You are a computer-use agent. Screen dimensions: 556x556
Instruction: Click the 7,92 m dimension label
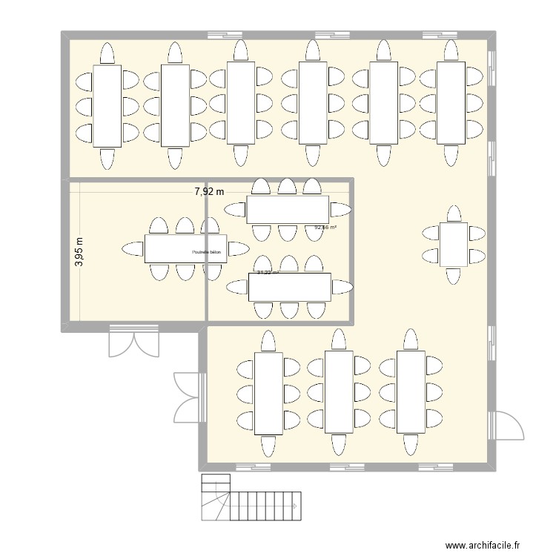click(x=209, y=191)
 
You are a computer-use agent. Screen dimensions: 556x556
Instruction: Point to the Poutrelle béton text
click(x=207, y=252)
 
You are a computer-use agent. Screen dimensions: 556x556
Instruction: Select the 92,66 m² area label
click(x=325, y=228)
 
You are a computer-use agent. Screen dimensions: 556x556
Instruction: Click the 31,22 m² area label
click(x=268, y=273)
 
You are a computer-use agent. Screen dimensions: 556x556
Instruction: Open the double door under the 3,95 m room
click(x=133, y=341)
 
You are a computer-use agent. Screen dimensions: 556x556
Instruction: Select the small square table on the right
click(x=453, y=244)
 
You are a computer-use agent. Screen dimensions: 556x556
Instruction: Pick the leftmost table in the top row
click(x=107, y=105)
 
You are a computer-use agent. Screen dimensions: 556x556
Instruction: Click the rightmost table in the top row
click(x=451, y=102)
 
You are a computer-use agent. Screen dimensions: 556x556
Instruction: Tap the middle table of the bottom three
click(x=338, y=392)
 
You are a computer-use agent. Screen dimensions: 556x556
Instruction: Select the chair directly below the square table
click(x=453, y=277)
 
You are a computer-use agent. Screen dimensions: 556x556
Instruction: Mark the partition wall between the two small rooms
click(x=205, y=252)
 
